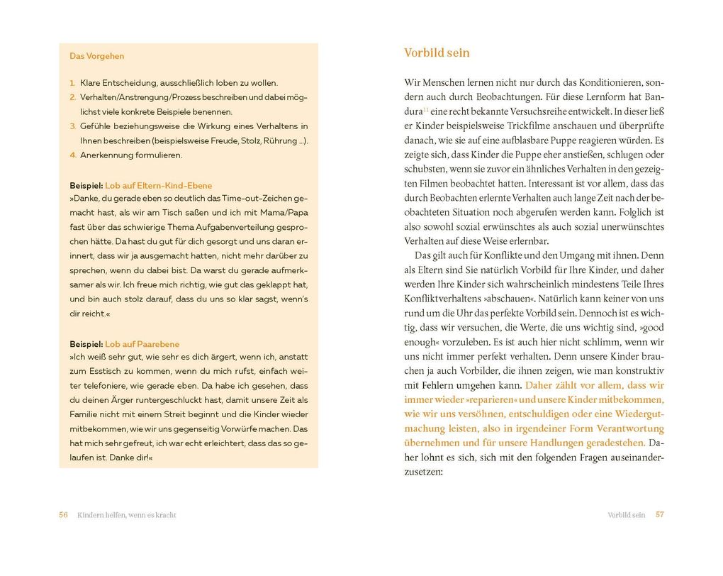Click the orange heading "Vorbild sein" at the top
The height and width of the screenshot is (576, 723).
(437, 53)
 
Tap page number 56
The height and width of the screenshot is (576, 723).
(63, 515)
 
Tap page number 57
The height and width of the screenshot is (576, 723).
(659, 515)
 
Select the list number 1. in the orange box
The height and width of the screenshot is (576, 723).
(73, 83)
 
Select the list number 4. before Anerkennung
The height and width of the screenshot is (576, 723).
(73, 155)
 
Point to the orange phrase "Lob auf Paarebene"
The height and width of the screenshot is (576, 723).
(143, 344)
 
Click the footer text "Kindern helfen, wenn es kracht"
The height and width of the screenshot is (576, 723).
(127, 515)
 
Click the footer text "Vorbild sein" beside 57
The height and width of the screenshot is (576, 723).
(626, 515)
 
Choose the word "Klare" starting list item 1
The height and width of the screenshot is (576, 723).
(91, 83)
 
